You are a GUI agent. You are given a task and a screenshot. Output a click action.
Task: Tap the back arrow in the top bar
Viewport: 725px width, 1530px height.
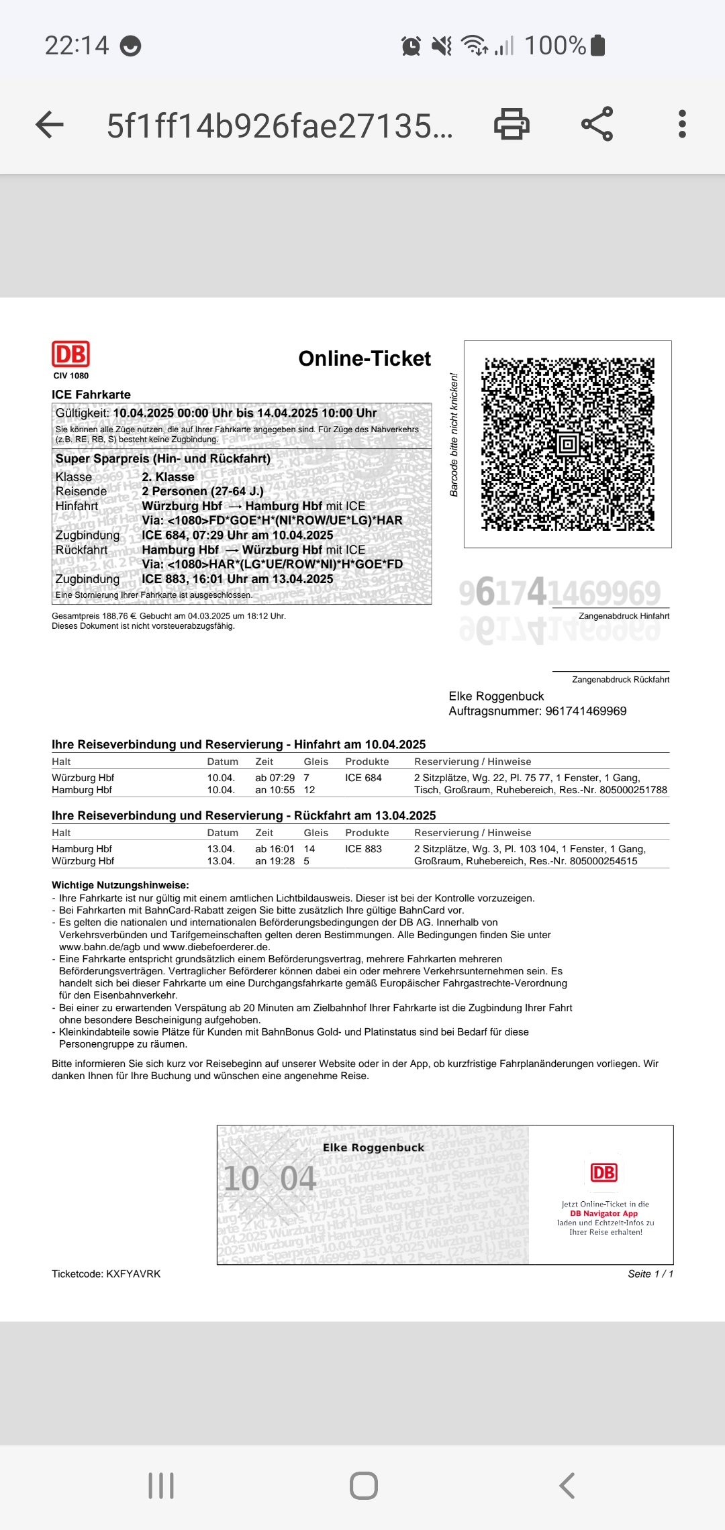50,125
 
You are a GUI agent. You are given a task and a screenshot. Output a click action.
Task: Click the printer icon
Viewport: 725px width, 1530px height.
512,125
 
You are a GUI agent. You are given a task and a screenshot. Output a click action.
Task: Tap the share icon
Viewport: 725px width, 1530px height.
597,124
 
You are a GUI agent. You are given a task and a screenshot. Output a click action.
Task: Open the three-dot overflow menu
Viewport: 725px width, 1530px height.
682,125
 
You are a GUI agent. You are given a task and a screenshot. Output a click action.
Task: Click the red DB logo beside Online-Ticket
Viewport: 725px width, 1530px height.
70,354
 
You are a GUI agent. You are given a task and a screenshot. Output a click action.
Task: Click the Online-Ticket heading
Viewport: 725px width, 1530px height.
364,359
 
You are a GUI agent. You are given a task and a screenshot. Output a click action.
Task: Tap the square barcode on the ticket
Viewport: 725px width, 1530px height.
568,444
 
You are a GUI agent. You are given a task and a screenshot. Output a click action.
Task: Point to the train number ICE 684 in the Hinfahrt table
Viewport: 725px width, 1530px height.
363,778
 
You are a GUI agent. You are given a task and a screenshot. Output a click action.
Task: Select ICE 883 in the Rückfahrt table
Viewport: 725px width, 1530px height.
363,849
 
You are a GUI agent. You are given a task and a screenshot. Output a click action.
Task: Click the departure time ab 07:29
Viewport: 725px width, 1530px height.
275,778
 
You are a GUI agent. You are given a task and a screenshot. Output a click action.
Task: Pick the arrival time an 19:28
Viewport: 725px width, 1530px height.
275,861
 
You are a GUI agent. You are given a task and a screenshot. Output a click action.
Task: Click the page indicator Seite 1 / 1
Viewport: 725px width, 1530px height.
650,1274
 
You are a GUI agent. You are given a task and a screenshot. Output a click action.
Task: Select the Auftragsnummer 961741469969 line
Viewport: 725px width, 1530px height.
537,711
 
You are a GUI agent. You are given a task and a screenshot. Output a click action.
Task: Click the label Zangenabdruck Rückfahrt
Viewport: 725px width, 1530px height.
620,680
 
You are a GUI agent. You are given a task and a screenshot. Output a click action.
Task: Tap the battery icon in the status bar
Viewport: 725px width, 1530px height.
598,46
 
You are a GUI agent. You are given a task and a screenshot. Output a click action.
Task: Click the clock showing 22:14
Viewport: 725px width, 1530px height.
77,46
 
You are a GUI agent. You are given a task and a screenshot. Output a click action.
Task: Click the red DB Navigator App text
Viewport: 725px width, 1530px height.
603,1213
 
